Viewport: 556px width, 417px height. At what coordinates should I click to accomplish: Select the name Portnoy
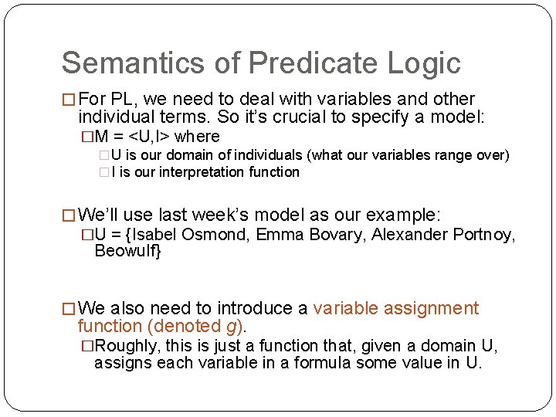pos(483,234)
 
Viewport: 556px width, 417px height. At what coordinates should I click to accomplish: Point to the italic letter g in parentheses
pos(240,327)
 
